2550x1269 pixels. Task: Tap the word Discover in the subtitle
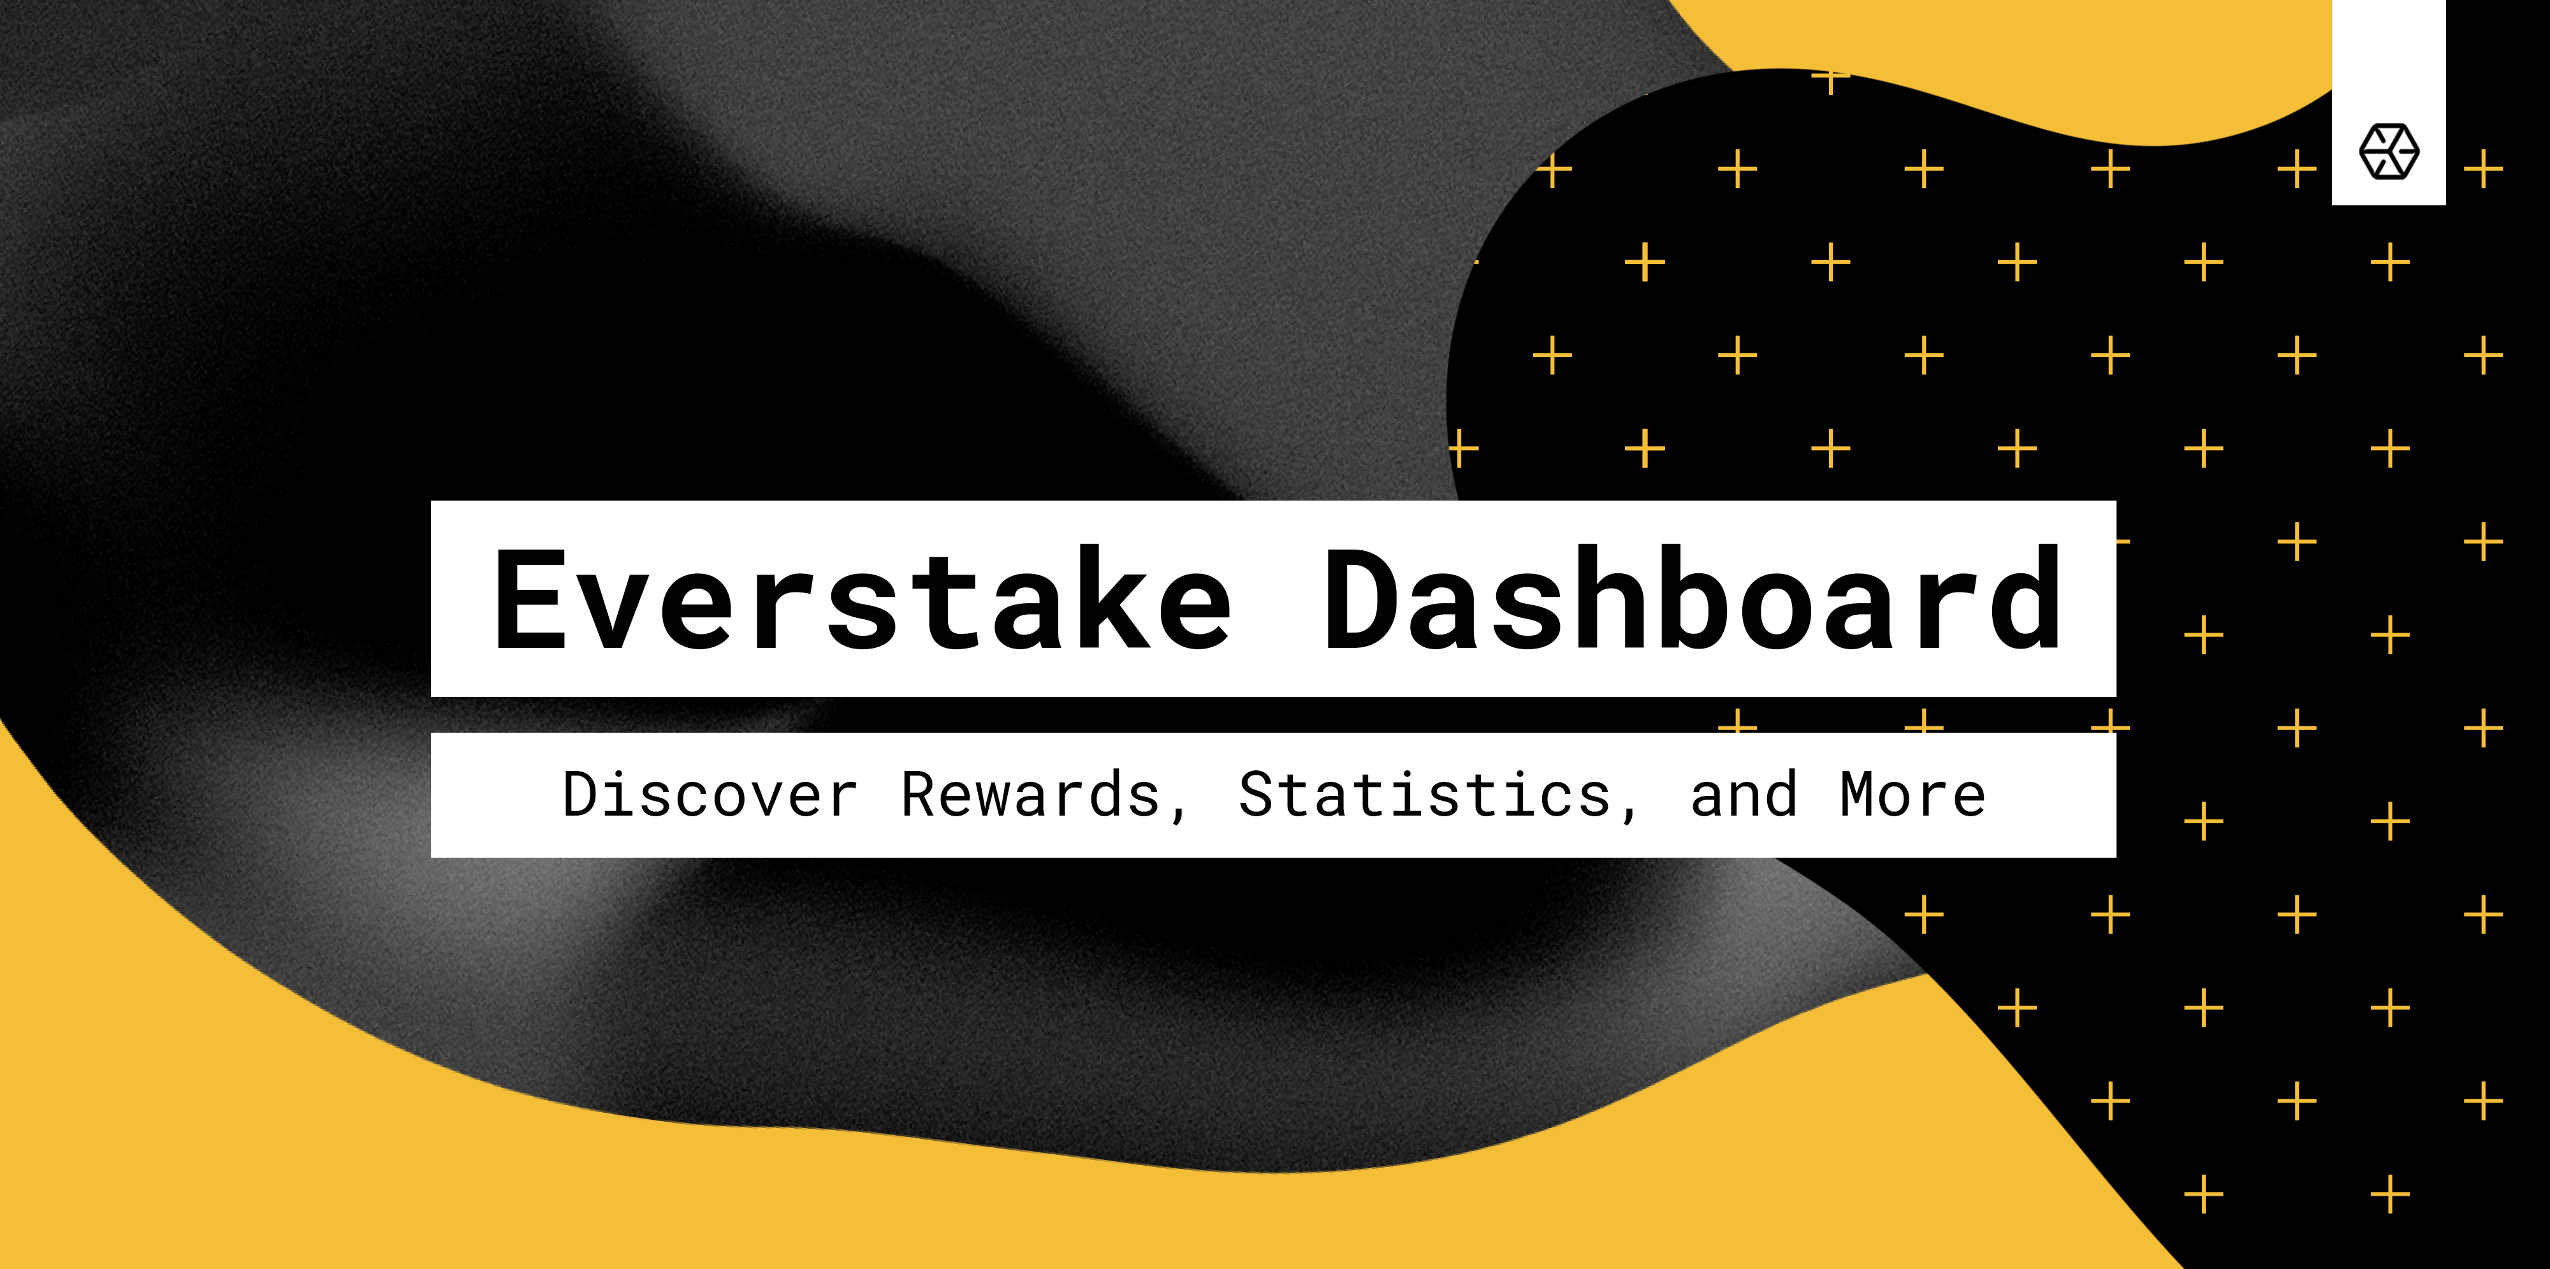click(x=710, y=794)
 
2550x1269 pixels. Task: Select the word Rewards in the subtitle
click(x=1030, y=794)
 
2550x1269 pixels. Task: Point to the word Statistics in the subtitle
click(x=1425, y=794)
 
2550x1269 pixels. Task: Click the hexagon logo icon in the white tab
click(x=2389, y=151)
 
